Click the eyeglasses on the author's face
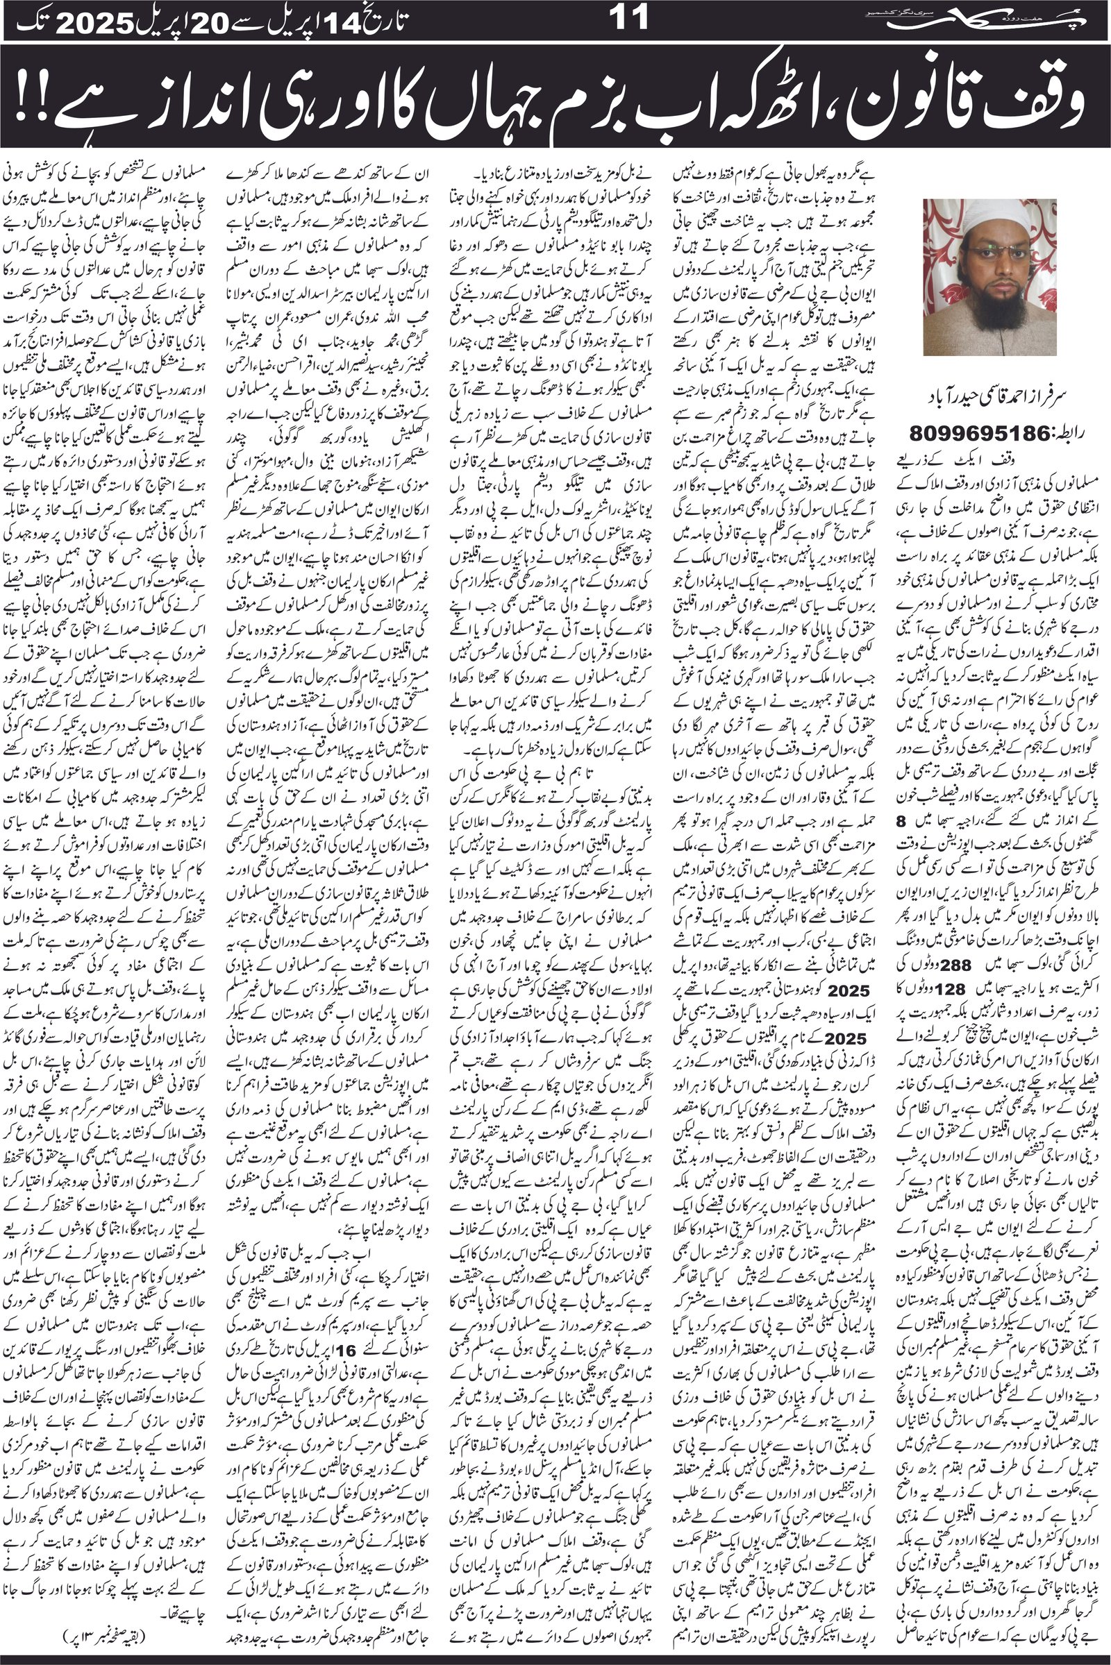[996, 253]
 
